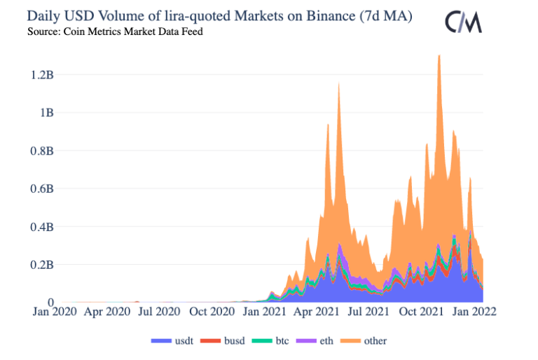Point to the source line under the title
pos(116,32)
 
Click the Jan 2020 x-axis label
pos(55,312)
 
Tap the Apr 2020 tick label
pos(107,312)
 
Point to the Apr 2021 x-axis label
pos(317,312)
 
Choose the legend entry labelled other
pos(362,341)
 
